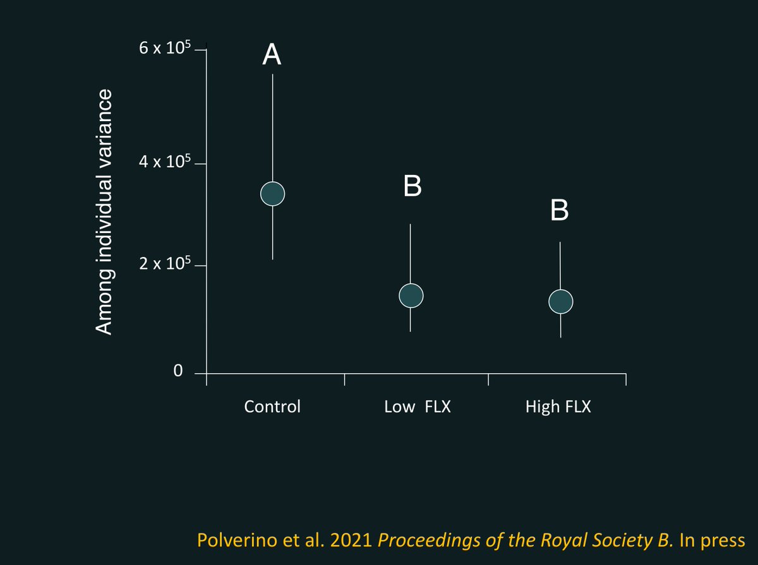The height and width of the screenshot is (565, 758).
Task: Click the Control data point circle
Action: pyautogui.click(x=272, y=193)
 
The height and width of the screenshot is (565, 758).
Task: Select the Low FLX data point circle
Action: pyautogui.click(x=411, y=295)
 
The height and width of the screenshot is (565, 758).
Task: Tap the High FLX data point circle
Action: pyautogui.click(x=561, y=302)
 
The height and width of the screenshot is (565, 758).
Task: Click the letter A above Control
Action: pyautogui.click(x=272, y=56)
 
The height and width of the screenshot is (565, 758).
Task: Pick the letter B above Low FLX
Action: pyautogui.click(x=411, y=186)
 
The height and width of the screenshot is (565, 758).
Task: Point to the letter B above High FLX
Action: pyautogui.click(x=560, y=211)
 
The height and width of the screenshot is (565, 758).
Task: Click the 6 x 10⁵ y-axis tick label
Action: pyautogui.click(x=164, y=49)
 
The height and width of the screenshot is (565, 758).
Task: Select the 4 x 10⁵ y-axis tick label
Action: pyautogui.click(x=164, y=162)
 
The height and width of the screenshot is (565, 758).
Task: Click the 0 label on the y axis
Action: pyautogui.click(x=178, y=371)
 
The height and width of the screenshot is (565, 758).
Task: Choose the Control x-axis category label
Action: pyautogui.click(x=272, y=407)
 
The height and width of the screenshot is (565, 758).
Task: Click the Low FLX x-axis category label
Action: pyautogui.click(x=418, y=407)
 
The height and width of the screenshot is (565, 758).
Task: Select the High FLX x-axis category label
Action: pyautogui.click(x=558, y=407)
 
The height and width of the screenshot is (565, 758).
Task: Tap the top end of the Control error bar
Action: pyautogui.click(x=272, y=74)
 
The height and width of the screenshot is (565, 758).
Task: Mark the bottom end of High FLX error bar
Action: pyautogui.click(x=561, y=337)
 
